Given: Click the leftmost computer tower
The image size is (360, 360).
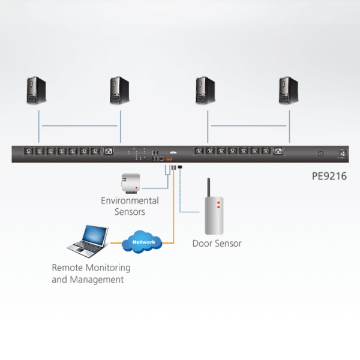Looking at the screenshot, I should (37, 91).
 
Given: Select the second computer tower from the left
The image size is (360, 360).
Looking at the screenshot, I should (120, 91).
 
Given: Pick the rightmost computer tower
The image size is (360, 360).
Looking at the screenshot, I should (289, 91).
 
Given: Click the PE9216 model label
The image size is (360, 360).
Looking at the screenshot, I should (329, 177).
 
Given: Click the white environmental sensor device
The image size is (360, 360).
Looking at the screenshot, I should (131, 182).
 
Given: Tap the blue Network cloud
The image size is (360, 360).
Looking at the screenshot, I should (143, 242).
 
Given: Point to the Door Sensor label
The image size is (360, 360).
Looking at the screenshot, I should (217, 244).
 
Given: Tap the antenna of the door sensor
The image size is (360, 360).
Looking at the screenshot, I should (209, 187).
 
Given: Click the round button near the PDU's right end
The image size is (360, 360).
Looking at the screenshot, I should (321, 154).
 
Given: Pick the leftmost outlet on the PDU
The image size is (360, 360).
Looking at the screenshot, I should (27, 151).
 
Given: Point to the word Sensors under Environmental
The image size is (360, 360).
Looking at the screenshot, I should (130, 212).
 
